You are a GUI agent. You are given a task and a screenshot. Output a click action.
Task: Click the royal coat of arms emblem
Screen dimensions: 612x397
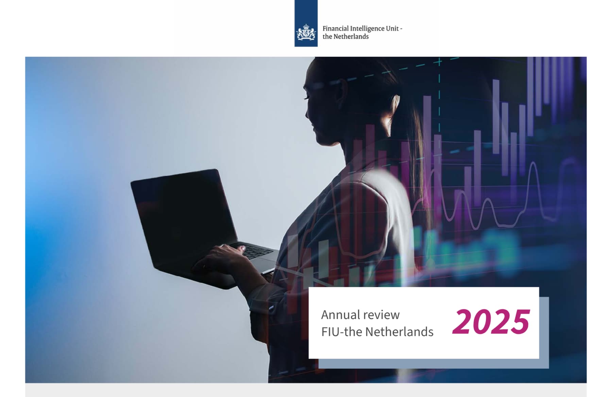coord(306,33)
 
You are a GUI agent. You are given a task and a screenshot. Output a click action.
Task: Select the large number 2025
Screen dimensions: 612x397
coord(491,322)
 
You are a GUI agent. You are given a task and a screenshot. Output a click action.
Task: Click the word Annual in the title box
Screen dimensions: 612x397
coord(340,315)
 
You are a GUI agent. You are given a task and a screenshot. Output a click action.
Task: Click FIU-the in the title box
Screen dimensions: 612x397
coord(342,332)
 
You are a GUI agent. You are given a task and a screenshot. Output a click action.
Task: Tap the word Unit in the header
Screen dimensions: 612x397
coord(392,29)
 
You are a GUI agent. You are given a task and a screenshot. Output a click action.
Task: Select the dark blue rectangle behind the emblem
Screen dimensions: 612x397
coord(306,23)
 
